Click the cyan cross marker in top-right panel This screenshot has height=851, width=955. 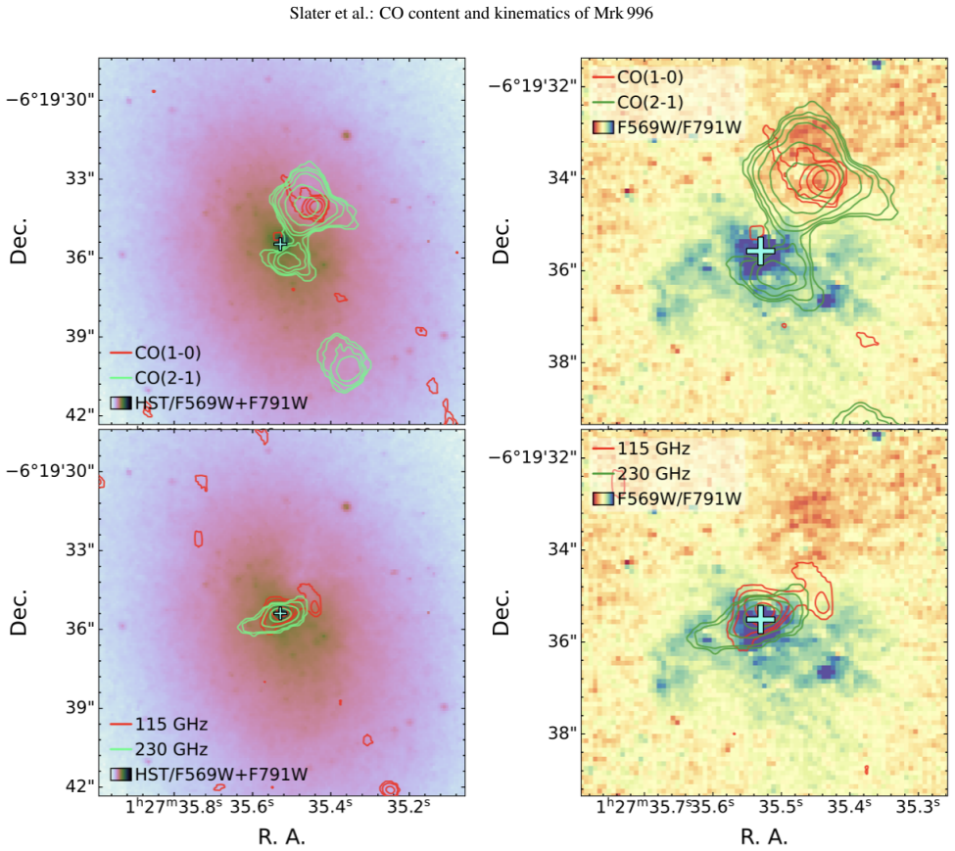pyautogui.click(x=761, y=250)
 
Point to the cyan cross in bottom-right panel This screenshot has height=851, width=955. pyautogui.click(x=761, y=619)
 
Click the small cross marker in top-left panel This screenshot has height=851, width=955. pyautogui.click(x=279, y=244)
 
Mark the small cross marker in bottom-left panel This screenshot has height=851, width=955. pyautogui.click(x=279, y=613)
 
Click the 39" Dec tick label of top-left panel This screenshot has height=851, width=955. pyautogui.click(x=80, y=336)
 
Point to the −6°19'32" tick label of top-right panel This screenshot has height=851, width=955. pyautogui.click(x=532, y=85)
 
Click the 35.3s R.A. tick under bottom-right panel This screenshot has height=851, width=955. pyautogui.click(x=915, y=807)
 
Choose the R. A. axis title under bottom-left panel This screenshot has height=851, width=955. pyautogui.click(x=281, y=836)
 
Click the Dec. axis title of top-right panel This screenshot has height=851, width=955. pyautogui.click(x=501, y=241)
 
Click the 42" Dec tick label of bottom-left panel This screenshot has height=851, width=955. pyautogui.click(x=80, y=785)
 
